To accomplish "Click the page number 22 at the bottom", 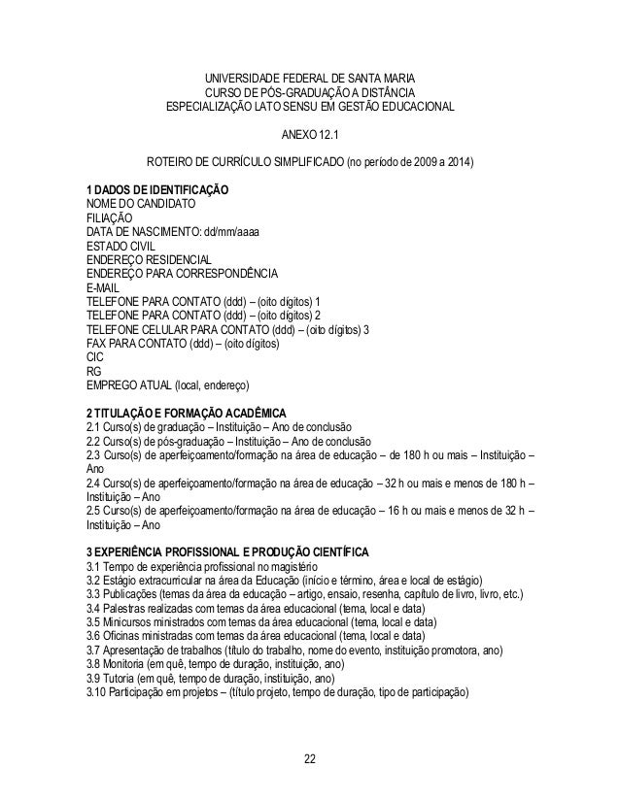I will point(309,757).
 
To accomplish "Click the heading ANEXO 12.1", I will point(309,133).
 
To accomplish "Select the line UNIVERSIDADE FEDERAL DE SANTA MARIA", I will point(309,78).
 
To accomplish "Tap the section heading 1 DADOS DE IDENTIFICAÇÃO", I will point(157,188).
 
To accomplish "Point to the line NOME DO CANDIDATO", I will point(141,203).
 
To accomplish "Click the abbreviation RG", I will point(94,371).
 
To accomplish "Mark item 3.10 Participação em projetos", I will point(277,693).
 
